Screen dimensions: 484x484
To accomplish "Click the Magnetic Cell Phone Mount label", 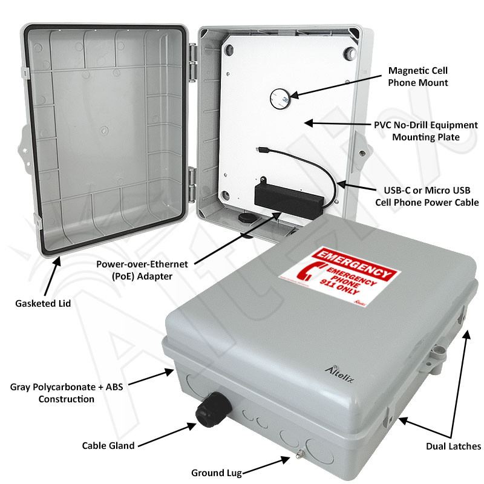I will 418,76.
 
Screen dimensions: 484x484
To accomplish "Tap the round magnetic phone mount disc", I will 280,96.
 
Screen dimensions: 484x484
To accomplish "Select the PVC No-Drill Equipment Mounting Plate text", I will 426,131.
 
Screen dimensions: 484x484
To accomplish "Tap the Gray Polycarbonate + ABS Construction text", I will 67,393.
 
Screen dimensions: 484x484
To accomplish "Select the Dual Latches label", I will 453,446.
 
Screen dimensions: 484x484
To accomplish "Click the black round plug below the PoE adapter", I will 246,217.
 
